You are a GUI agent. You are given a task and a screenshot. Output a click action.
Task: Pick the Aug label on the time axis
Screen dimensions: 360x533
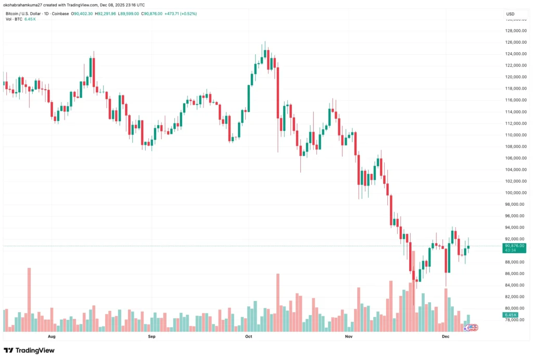pyautogui.click(x=51, y=337)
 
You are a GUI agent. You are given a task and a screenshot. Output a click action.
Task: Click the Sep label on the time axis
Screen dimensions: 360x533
pyautogui.click(x=151, y=337)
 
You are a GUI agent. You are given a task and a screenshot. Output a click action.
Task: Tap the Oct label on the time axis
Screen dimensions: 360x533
pyautogui.click(x=248, y=337)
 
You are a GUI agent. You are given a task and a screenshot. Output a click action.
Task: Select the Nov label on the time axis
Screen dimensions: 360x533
pyautogui.click(x=349, y=337)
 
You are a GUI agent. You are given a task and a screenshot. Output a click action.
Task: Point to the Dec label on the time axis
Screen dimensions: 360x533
pyautogui.click(x=446, y=337)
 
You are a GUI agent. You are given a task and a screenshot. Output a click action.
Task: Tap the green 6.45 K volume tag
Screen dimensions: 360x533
pyautogui.click(x=510, y=315)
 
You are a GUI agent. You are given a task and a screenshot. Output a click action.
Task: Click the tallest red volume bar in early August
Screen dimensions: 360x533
pyautogui.click(x=29, y=300)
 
